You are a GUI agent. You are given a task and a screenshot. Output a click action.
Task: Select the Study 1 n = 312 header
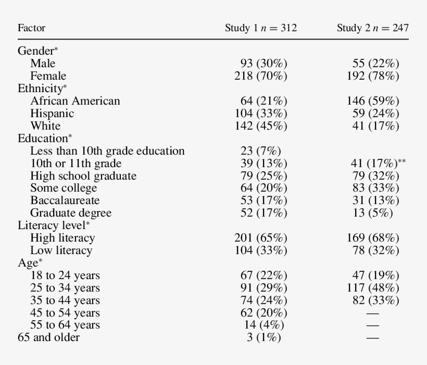261,28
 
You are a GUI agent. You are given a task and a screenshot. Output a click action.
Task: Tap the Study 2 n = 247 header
372,28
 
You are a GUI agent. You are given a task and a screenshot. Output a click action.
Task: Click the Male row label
43,64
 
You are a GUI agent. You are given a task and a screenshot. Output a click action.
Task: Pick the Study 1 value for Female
261,76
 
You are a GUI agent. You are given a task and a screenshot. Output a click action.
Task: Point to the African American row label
75,101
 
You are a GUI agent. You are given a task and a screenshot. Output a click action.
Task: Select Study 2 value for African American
373,101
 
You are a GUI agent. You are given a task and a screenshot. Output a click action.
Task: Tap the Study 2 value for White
375,126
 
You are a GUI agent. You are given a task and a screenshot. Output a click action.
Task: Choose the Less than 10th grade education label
107,151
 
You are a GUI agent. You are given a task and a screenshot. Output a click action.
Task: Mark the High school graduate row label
83,176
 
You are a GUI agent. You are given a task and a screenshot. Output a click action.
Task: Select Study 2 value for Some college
375,188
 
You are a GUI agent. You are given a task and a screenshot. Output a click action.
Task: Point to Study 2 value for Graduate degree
375,213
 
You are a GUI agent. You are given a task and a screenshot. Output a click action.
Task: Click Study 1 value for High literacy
261,238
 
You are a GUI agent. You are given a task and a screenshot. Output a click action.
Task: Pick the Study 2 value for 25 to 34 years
373,288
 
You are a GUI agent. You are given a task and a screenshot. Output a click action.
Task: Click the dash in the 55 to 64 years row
372,325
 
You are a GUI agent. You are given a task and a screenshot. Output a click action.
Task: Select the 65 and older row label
48,337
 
